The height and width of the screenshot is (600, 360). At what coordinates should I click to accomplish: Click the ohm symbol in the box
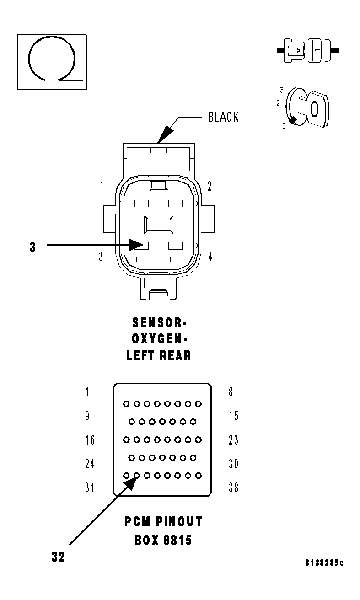[x=51, y=62]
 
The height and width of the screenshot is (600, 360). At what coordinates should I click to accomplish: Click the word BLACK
[x=223, y=117]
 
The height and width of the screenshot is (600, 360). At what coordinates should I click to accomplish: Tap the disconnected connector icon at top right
[x=308, y=50]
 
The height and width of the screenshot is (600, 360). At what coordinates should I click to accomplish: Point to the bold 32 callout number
[x=58, y=557]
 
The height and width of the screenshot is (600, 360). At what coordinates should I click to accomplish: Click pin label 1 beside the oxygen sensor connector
[x=102, y=186]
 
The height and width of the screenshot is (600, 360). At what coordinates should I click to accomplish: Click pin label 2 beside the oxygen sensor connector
[x=210, y=186]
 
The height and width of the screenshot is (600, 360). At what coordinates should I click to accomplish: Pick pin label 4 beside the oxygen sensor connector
[x=210, y=257]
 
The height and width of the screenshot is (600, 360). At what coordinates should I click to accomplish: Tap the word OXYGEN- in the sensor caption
[x=158, y=339]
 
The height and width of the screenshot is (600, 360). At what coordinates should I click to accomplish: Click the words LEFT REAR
[x=158, y=355]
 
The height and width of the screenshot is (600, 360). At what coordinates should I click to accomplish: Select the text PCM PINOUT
[x=163, y=522]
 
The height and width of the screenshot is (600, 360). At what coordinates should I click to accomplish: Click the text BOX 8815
[x=163, y=541]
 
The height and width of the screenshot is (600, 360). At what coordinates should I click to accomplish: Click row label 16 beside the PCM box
[x=90, y=440]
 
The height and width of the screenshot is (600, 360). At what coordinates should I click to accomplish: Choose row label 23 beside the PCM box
[x=233, y=440]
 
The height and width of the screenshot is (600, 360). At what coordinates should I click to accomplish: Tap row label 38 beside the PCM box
[x=233, y=487]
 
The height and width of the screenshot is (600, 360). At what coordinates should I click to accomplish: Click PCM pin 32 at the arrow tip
[x=136, y=476]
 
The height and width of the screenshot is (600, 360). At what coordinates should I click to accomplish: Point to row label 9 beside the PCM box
[x=87, y=416]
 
